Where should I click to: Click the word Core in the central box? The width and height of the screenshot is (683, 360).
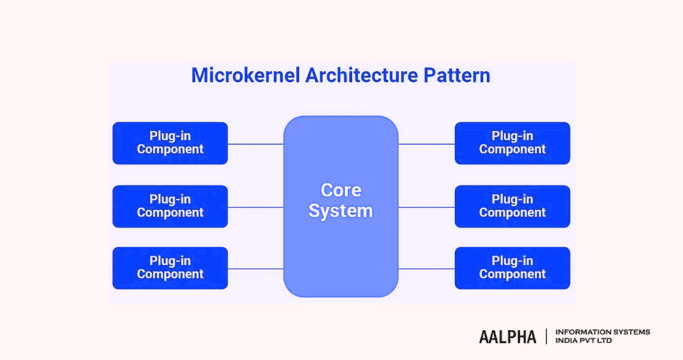point(340,190)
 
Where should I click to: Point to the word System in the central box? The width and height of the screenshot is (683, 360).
point(340,211)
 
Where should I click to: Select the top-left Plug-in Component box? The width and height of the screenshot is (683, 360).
point(170,143)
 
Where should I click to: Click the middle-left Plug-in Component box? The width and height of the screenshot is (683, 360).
point(170,206)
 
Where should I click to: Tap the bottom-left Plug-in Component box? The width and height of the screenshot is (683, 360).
point(170,268)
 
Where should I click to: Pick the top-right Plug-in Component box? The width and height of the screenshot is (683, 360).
point(512,143)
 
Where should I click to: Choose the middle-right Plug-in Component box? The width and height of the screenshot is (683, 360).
point(512,206)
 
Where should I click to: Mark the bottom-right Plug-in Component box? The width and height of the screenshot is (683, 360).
point(512,268)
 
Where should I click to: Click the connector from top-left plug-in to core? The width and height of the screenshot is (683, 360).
point(256,144)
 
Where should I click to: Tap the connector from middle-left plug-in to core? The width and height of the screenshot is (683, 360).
point(256,207)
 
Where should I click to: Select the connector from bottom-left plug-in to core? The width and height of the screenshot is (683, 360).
point(256,268)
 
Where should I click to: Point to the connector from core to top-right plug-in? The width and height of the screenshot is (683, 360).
point(426,144)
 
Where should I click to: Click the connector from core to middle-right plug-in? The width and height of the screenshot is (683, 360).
point(426,207)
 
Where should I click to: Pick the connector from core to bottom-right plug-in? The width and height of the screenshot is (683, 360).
point(426,268)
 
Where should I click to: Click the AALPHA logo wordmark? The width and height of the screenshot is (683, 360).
point(507,337)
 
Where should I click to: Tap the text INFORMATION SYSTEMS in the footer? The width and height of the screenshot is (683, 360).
point(602,332)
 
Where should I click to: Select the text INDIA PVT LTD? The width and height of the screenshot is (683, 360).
point(584,341)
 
